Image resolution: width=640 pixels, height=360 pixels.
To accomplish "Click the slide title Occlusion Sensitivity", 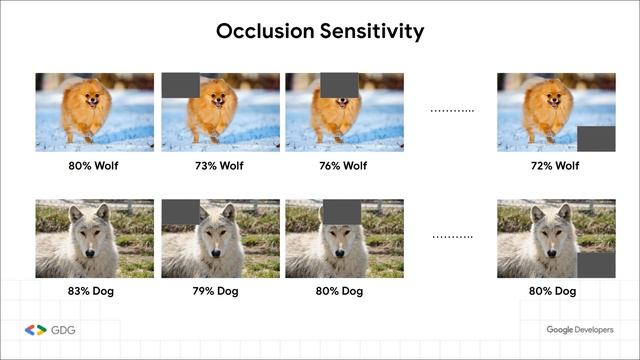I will [320, 31].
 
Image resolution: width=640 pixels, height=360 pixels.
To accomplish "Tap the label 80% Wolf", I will [94, 165].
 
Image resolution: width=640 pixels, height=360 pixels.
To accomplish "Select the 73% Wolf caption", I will [220, 165].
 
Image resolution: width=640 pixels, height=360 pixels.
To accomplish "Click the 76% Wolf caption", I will [344, 165].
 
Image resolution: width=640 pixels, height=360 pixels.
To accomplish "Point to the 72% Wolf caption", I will [556, 165].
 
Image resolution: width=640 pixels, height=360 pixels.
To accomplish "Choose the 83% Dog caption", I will [94, 291].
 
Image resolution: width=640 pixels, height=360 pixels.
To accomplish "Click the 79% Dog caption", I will [220, 291].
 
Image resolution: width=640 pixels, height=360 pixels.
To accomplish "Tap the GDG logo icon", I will [35, 330].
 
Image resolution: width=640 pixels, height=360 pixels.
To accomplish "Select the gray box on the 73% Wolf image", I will [180, 85].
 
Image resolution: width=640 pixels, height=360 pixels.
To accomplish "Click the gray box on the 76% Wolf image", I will [339, 85].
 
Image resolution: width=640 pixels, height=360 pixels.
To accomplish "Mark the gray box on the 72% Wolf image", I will [595, 139].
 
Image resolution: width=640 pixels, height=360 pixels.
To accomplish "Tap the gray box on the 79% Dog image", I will [180, 211].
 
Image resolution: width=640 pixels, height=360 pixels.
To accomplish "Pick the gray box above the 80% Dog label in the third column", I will [339, 211].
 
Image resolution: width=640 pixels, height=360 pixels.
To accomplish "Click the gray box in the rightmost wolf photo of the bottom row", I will [595, 265].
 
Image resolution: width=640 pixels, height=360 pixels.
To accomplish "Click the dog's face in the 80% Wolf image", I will [90, 98].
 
